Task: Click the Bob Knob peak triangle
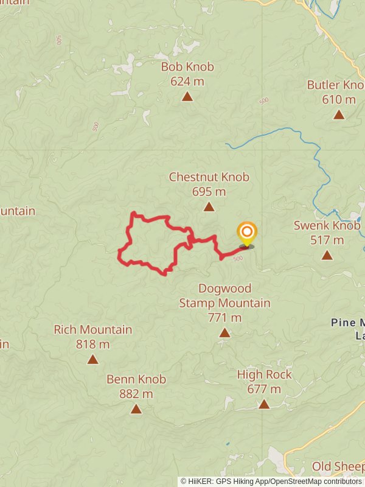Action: (x=187, y=96)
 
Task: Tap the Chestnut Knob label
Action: (x=209, y=177)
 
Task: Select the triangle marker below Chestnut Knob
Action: (x=209, y=207)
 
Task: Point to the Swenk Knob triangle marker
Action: (x=327, y=255)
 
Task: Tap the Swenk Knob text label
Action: (x=327, y=225)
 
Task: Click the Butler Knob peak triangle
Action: (x=339, y=114)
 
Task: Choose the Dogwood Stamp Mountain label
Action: (x=224, y=295)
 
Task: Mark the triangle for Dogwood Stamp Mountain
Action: (x=224, y=332)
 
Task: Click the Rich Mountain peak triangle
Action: (x=92, y=359)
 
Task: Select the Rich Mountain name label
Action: (x=92, y=330)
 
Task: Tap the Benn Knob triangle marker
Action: (x=136, y=409)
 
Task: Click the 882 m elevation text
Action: (x=136, y=394)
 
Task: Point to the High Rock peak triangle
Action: (x=264, y=404)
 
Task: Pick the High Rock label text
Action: (x=264, y=374)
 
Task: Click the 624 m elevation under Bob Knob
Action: (x=187, y=81)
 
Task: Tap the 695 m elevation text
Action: (x=209, y=192)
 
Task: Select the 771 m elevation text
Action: (x=224, y=317)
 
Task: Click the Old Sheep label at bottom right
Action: (x=338, y=467)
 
